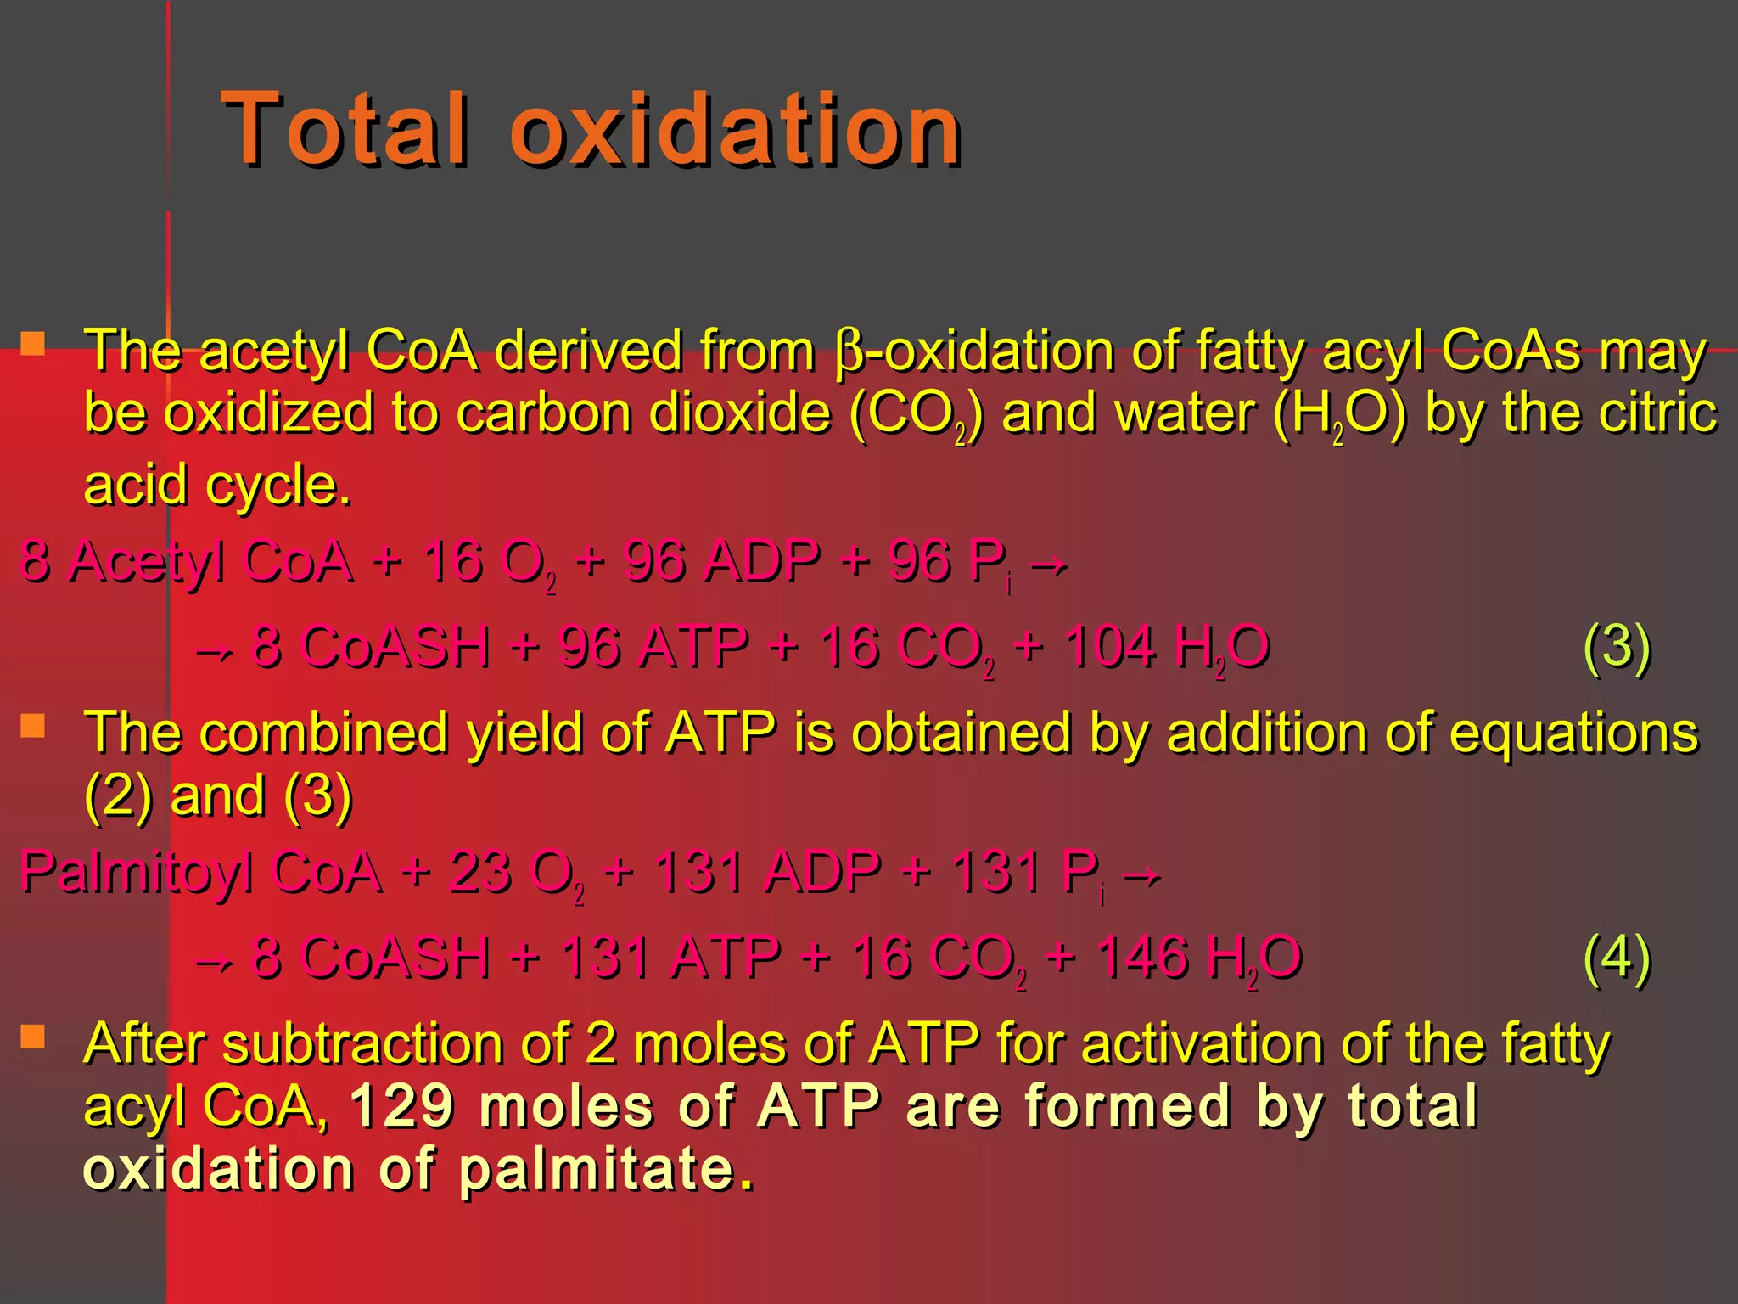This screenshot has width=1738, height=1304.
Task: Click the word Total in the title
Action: (344, 129)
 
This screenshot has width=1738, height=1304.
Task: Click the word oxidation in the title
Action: (735, 129)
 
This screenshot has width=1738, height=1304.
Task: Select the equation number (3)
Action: (1617, 647)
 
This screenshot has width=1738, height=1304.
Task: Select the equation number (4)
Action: (1617, 958)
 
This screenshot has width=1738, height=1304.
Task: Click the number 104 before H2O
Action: (1109, 647)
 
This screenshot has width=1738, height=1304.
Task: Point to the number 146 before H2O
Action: (1141, 958)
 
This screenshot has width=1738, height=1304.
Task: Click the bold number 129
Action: (401, 1106)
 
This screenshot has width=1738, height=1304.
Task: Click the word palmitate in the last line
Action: (597, 1169)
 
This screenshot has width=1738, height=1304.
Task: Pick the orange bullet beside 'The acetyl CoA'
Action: (33, 344)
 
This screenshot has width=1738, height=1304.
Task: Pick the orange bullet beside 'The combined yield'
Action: (33, 726)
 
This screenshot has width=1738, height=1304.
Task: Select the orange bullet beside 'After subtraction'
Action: (33, 1037)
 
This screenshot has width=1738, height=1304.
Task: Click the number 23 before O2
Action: (479, 873)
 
